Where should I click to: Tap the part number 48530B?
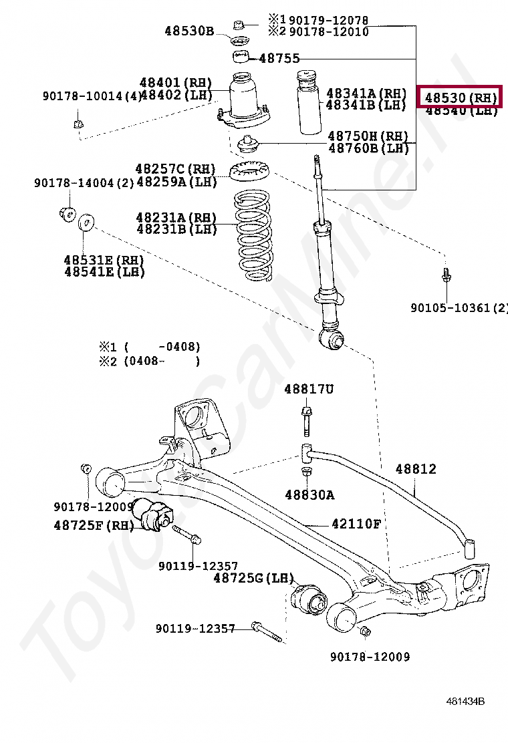(x=189, y=30)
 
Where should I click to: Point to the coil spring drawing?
(x=250, y=237)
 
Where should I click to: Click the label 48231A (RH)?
(x=176, y=217)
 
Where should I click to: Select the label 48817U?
(x=308, y=388)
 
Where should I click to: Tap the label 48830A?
(x=309, y=494)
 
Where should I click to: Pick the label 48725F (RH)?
(x=94, y=525)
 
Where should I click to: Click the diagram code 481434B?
(x=465, y=701)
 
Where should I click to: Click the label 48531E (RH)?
(x=104, y=259)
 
